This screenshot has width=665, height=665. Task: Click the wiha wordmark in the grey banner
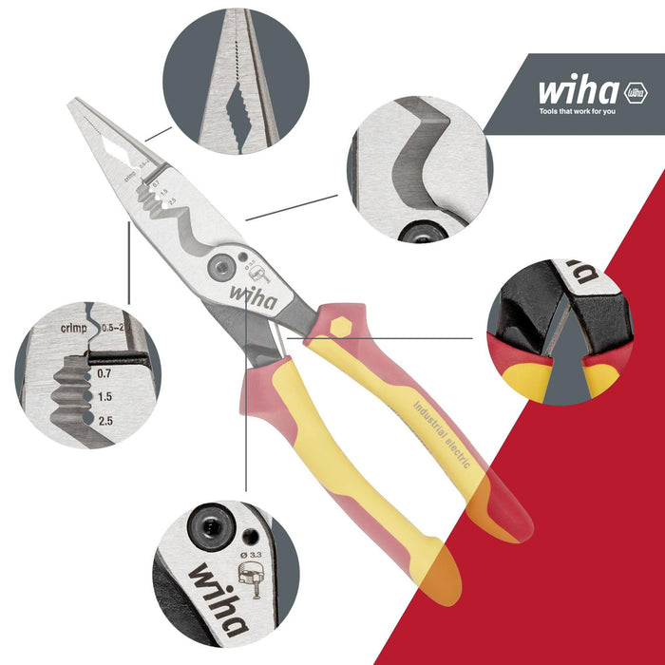coord(579,92)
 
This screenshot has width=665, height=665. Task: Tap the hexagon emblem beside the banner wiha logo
coord(635,93)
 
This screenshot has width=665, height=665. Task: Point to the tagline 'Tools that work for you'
coord(591,112)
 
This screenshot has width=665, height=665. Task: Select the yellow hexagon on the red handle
coord(338,325)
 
